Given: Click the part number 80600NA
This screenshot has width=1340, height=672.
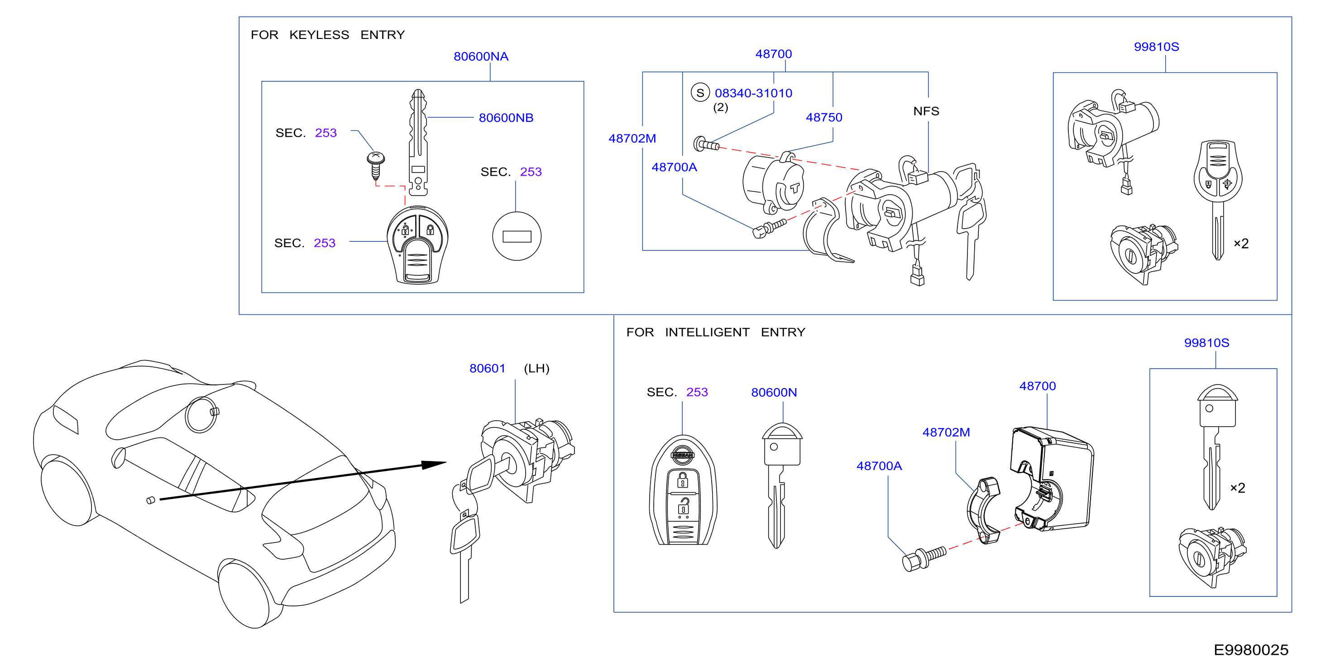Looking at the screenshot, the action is click(x=481, y=56).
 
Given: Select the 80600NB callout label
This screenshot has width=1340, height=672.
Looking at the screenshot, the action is click(x=506, y=118).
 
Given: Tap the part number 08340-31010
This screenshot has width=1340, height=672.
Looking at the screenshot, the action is click(x=753, y=93).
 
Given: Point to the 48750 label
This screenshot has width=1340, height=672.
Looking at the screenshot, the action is click(x=824, y=117).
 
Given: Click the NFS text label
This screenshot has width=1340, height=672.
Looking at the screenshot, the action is click(x=926, y=111).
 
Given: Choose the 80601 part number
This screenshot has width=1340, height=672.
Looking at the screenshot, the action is click(x=487, y=368).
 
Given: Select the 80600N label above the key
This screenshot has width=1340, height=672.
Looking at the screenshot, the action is click(x=774, y=392).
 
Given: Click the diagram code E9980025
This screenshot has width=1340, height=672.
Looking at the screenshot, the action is click(x=1250, y=650).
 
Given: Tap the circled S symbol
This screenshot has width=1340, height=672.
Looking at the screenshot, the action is click(x=700, y=93).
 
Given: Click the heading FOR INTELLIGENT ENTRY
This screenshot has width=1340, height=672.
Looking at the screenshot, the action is click(x=715, y=332).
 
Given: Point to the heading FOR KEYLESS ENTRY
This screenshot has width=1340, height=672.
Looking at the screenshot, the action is click(x=328, y=35).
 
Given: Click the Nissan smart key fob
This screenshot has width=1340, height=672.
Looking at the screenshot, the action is click(x=683, y=490).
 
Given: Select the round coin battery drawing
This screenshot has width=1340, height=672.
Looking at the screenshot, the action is click(x=517, y=236).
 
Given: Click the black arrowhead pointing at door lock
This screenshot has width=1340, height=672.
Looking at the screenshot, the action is click(x=433, y=464).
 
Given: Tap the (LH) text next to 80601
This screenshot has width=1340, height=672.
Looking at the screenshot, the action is click(x=536, y=368).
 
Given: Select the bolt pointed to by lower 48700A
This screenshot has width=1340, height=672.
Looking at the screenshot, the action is click(x=924, y=558).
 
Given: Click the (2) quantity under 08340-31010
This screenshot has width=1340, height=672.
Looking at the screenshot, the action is click(x=720, y=107).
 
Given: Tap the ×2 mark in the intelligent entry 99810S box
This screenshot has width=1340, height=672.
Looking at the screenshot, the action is click(x=1238, y=488).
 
